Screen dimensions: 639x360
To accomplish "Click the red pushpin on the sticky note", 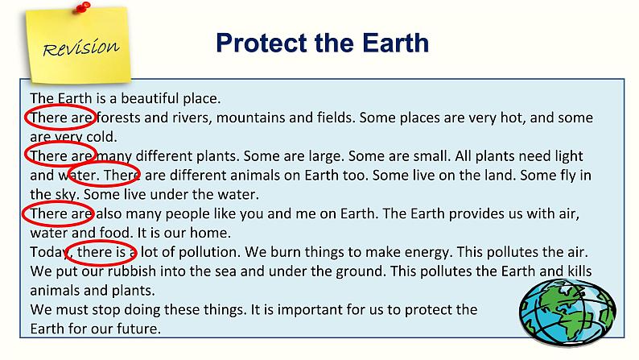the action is coord(83,7).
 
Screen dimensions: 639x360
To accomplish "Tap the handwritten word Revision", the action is coord(81,48).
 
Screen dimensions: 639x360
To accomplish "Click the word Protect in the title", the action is coord(262,43).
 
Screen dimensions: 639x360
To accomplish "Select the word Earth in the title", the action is coord(395,43).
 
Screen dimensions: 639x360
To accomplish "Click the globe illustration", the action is coord(567,312).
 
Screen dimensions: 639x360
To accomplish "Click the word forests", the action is coord(118,118).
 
